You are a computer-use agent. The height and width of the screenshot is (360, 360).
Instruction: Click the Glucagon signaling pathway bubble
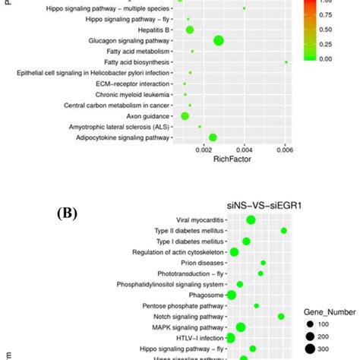point(219,41)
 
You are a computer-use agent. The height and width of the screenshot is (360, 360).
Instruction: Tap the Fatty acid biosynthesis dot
point(286,62)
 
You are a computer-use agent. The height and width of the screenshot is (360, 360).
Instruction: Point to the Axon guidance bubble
point(185,116)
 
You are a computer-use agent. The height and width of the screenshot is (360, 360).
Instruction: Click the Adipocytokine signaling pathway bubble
point(213,137)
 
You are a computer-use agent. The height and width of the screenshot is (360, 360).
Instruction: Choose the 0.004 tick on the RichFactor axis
point(245,150)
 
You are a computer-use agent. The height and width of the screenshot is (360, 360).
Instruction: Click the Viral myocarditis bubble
point(251,219)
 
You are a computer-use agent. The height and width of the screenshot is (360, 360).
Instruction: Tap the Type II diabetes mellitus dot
point(284,230)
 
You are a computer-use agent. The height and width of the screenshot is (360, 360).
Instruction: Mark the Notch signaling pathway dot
point(281,316)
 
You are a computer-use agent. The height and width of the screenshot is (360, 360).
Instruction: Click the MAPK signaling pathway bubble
point(241,327)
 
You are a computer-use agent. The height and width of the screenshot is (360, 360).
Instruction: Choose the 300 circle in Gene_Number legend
point(310,349)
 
